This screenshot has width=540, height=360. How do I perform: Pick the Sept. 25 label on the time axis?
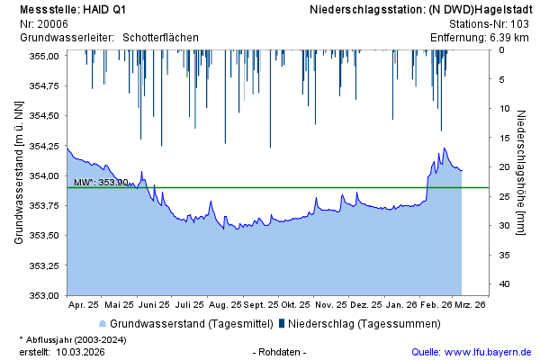[260, 305]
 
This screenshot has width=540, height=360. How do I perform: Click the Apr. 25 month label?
[85, 305]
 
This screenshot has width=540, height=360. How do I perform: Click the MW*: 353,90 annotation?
[101, 182]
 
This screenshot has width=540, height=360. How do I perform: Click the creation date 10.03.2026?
[81, 352]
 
